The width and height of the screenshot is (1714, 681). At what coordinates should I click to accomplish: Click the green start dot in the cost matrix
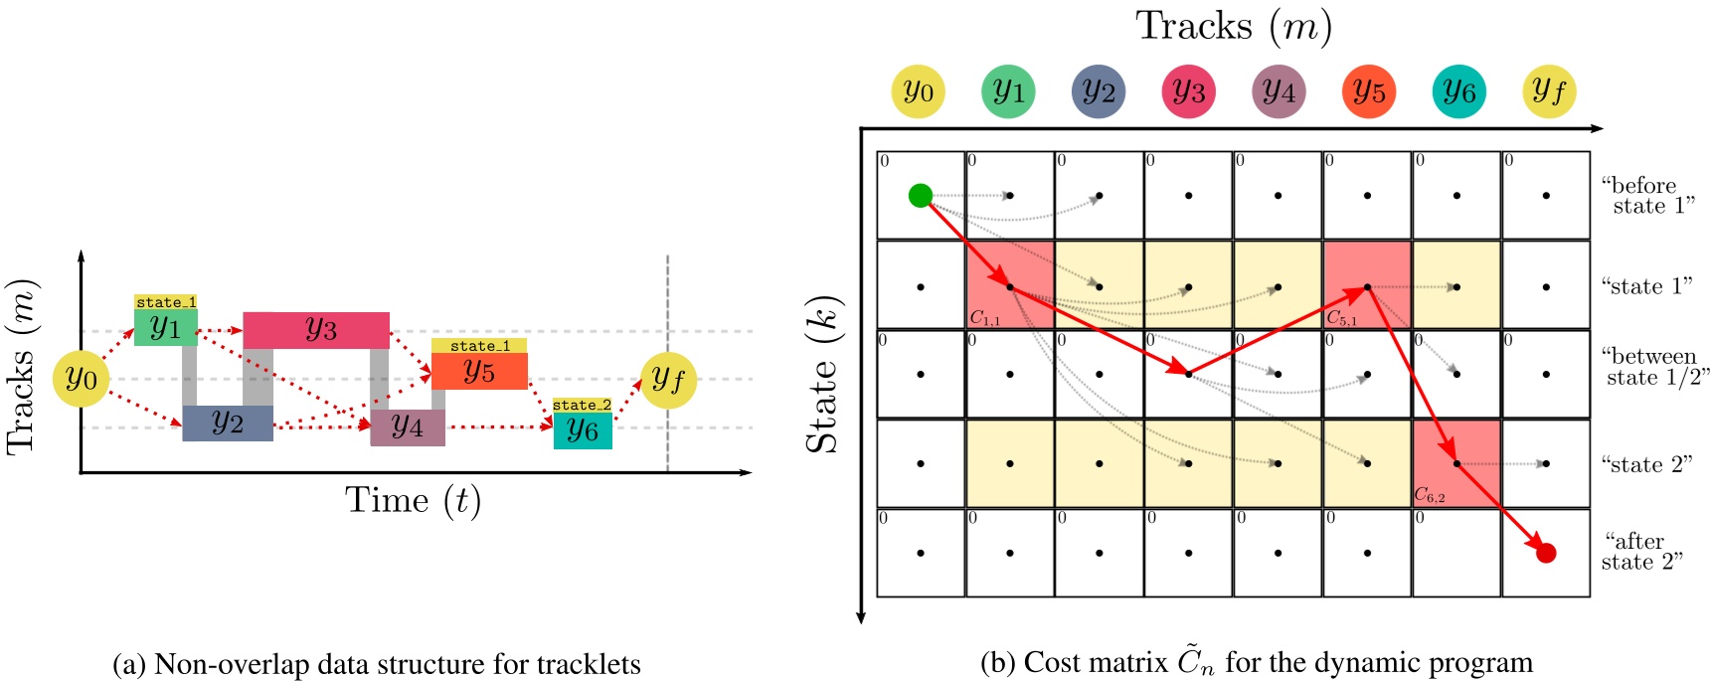click(920, 195)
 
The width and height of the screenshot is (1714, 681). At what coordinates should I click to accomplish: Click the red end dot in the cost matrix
click(1545, 553)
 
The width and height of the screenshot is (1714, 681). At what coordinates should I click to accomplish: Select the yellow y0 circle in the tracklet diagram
click(81, 379)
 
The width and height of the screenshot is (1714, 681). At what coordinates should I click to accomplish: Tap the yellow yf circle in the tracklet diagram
click(668, 380)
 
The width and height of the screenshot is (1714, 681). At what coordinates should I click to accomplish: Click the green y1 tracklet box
click(165, 327)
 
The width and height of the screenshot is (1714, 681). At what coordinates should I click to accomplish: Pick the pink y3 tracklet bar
click(316, 330)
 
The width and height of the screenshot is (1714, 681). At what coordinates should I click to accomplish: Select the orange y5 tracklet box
click(479, 371)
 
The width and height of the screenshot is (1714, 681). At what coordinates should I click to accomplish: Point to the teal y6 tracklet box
click(583, 430)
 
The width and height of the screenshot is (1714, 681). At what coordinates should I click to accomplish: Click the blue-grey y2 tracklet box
click(228, 423)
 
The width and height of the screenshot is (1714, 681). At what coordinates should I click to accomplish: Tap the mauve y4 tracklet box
click(408, 427)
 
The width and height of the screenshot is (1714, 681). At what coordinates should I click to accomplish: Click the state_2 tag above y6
click(582, 405)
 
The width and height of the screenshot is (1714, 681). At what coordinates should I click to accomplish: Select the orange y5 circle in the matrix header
click(1368, 91)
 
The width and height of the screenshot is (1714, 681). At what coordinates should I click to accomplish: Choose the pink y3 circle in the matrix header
click(1188, 91)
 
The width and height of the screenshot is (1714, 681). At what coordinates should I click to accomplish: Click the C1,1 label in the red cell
click(984, 319)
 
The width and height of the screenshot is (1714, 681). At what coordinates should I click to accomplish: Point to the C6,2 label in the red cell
click(1430, 495)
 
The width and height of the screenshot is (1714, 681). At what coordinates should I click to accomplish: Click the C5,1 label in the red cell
click(1341, 319)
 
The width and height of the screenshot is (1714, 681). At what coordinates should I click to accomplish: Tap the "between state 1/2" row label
click(1654, 367)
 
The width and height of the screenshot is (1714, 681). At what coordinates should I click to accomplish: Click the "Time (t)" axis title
click(413, 500)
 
